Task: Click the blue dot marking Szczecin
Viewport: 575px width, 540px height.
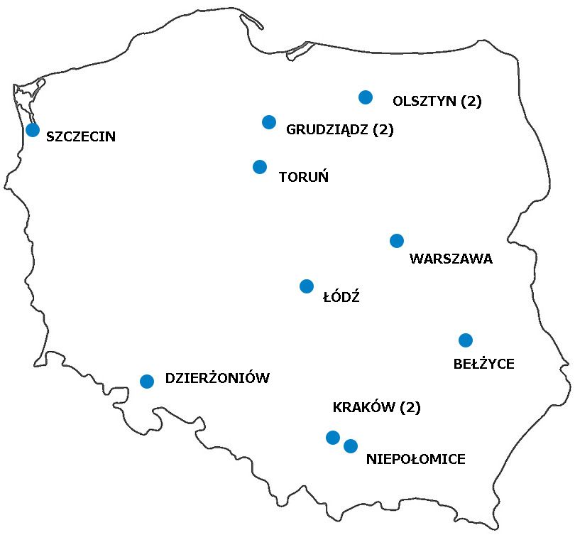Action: click(33, 130)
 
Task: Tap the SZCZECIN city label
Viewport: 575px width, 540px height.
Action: click(80, 137)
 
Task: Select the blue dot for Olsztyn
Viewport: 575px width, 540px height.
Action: click(366, 97)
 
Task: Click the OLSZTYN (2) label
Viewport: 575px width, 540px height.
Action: click(437, 102)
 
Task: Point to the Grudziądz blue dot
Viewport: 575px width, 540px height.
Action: click(269, 122)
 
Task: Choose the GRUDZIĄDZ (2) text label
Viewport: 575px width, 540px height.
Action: click(339, 130)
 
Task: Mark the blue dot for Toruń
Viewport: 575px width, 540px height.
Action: click(260, 167)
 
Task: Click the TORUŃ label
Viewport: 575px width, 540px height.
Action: click(304, 177)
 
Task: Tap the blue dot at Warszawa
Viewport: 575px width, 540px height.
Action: click(397, 241)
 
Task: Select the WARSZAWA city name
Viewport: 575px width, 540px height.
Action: click(451, 259)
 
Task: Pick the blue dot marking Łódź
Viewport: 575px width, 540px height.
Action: click(307, 286)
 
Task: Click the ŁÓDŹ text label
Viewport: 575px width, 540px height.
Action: click(341, 298)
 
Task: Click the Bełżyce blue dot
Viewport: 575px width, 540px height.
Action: click(466, 340)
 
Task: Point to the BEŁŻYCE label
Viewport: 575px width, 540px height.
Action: click(483, 364)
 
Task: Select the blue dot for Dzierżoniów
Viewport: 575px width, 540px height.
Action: click(147, 382)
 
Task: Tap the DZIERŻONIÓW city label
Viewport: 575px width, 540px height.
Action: click(217, 379)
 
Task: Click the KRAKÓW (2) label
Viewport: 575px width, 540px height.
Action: click(376, 408)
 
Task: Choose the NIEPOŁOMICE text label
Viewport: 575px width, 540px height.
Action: click(415, 460)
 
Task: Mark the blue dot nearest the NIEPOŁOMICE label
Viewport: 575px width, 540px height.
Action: click(351, 446)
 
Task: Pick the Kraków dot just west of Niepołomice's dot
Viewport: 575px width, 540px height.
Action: click(332, 437)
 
